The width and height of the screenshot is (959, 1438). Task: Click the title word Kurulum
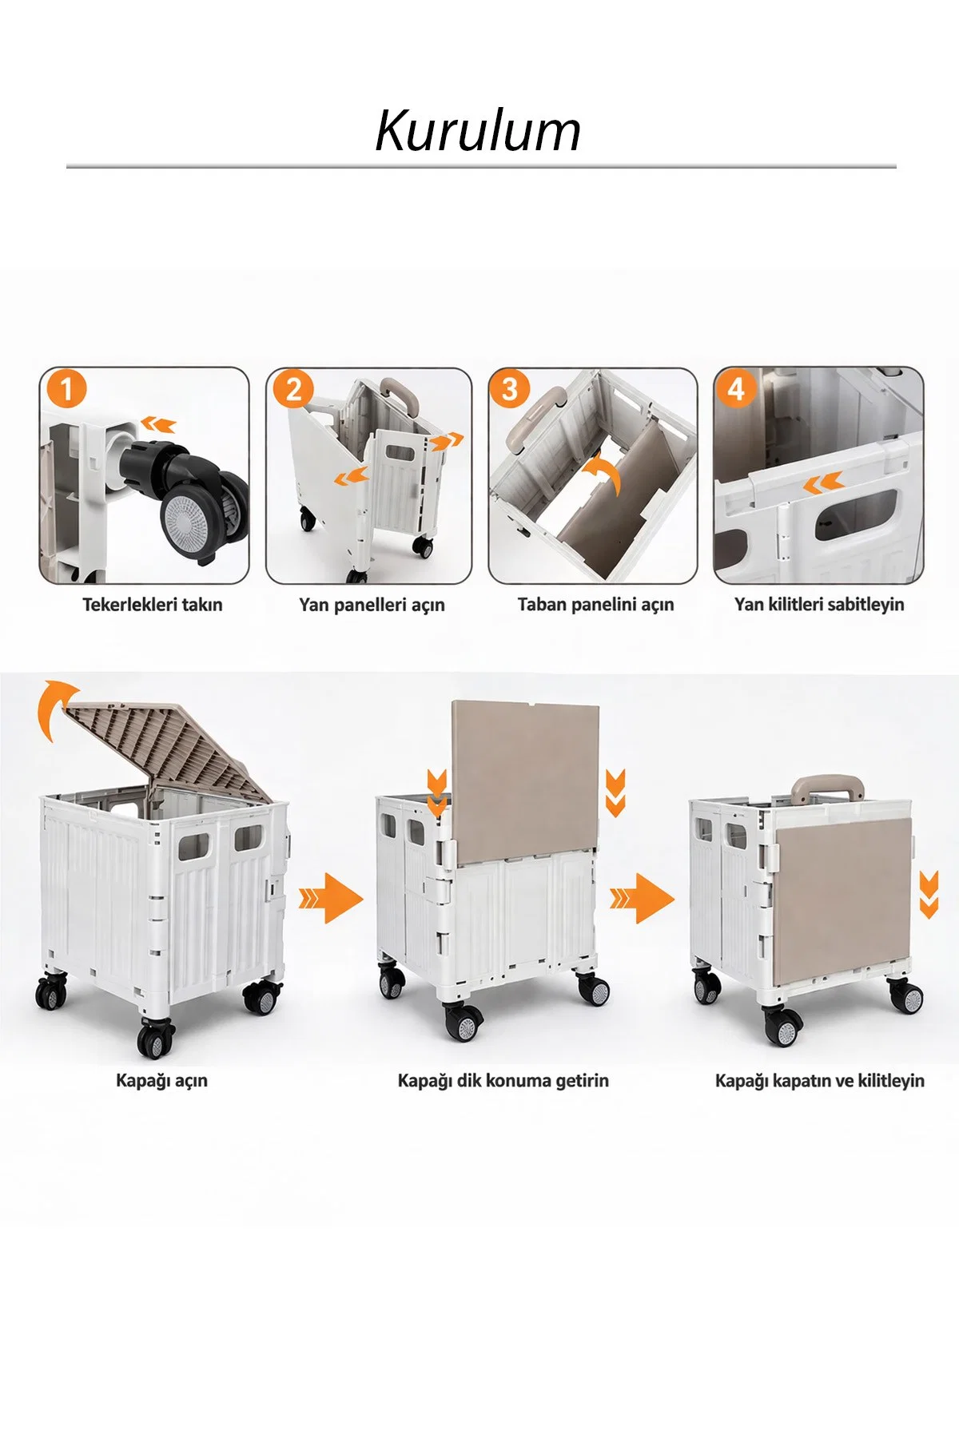(478, 131)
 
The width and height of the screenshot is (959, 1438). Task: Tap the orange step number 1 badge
(67, 389)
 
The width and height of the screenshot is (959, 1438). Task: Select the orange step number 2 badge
(293, 389)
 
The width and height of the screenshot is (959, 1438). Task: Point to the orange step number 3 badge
(510, 389)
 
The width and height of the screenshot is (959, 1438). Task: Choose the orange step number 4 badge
(736, 389)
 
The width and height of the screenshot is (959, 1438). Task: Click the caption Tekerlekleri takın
(153, 605)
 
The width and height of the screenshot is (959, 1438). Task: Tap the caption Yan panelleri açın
(372, 605)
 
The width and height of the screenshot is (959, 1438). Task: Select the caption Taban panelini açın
(596, 605)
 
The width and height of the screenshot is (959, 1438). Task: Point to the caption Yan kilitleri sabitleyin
(819, 605)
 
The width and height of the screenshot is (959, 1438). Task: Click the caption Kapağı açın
(161, 1081)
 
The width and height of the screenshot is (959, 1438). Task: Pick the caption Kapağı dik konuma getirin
(503, 1081)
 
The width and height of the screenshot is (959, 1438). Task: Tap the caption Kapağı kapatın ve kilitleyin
(820, 1081)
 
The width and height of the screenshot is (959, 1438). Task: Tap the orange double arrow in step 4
(823, 483)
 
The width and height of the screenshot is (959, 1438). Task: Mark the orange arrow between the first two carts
(331, 899)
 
